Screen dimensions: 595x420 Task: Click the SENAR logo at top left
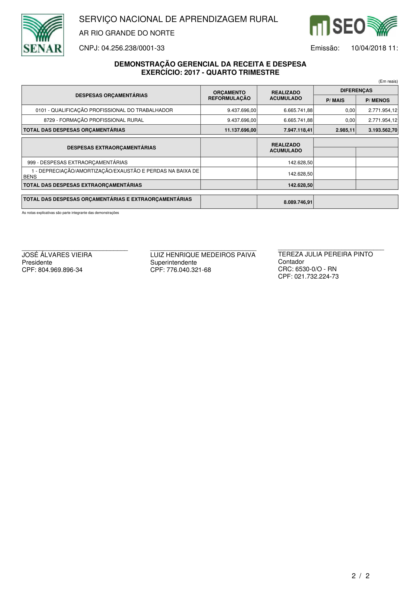43,35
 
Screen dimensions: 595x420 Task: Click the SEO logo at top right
353,26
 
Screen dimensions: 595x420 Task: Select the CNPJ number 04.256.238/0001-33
133,48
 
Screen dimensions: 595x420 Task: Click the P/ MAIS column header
335,100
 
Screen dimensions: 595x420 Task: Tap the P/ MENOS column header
377,100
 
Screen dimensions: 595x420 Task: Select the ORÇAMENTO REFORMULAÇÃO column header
229,95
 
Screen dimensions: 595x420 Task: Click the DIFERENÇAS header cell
356,91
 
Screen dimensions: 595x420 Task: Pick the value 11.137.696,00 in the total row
240,130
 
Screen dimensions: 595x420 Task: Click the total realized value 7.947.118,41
298,130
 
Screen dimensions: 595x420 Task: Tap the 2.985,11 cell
345,130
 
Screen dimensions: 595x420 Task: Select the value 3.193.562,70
383,130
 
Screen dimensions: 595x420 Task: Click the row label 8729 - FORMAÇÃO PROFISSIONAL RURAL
94,120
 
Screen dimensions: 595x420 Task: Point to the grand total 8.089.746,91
298,202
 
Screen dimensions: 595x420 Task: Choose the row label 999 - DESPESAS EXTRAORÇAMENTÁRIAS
77,163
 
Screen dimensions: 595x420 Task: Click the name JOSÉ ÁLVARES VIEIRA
57,255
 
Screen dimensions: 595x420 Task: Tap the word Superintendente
173,263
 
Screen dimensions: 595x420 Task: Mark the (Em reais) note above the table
388,81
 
